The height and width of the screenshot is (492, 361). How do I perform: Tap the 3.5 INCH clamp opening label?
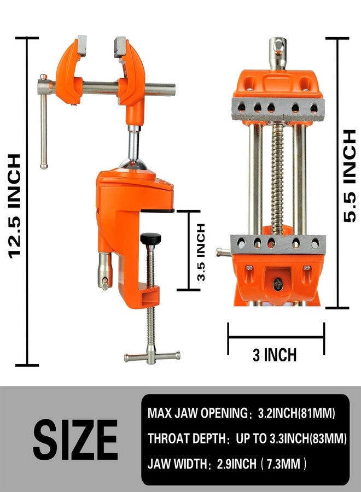pyautogui.click(x=201, y=252)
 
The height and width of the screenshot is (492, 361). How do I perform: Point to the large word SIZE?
pyautogui.click(x=75, y=440)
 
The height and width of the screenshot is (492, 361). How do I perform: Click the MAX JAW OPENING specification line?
pyautogui.click(x=241, y=413)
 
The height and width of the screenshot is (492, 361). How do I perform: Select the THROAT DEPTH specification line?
pyautogui.click(x=247, y=438)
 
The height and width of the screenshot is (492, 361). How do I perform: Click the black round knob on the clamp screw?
pyautogui.click(x=150, y=239)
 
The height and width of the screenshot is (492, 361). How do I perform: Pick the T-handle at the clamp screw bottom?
pyautogui.click(x=152, y=357)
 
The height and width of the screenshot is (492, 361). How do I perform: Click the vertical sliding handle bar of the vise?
pyautogui.click(x=44, y=126)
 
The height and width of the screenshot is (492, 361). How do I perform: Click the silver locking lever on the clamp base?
pyautogui.click(x=104, y=271)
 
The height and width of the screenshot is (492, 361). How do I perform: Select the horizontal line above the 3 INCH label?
pyautogui.click(x=276, y=338)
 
